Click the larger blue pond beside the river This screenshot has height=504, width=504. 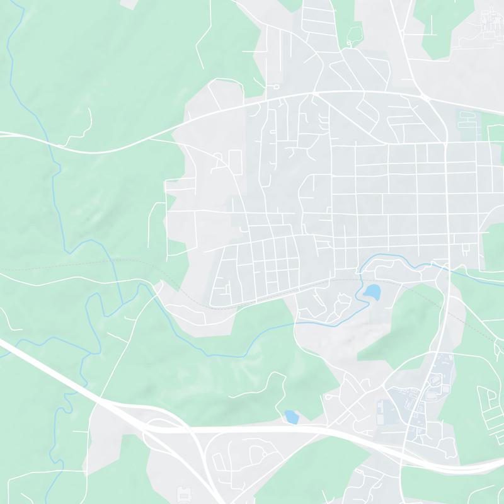click(x=372, y=291)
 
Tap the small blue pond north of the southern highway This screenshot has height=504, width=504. click(x=291, y=416)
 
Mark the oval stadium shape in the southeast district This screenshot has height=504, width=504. click(x=435, y=380)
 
